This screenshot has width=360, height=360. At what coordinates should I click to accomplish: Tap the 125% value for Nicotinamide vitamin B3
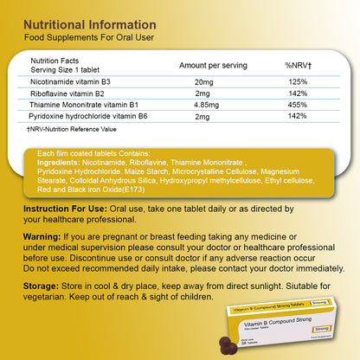(298, 82)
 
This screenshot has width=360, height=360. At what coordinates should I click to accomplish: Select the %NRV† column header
(298, 66)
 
